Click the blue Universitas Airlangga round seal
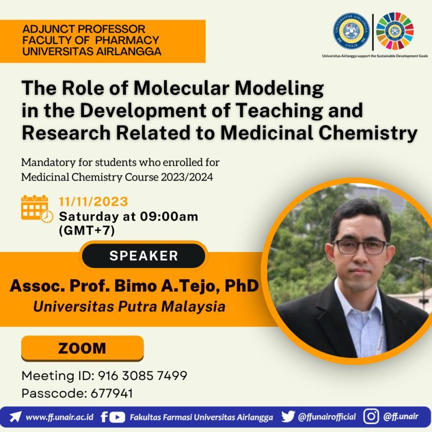[351, 31]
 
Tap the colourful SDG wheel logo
[395, 30]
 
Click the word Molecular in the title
[181, 88]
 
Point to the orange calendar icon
[37, 209]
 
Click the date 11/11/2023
[93, 202]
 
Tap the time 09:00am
[169, 216]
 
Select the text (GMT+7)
[87, 231]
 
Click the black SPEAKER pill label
[143, 256]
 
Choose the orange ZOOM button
[82, 348]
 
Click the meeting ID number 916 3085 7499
[142, 376]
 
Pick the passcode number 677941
[111, 393]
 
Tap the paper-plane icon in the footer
[15, 417]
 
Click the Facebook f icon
[104, 417]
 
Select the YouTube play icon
[117, 417]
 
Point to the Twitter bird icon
[288, 417]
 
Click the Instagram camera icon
[371, 416]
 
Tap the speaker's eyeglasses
[361, 247]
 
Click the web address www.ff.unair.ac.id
[59, 417]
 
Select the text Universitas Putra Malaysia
[129, 307]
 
